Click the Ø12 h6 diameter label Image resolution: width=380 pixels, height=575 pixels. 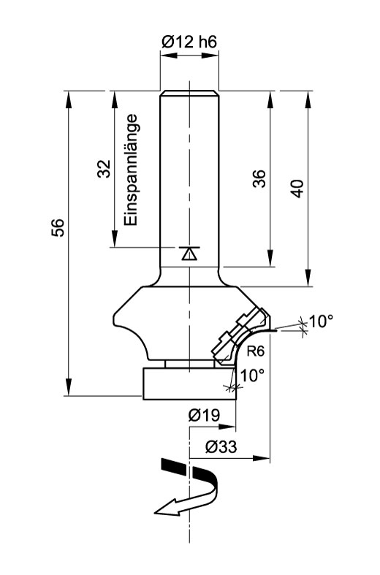pyautogui.click(x=189, y=42)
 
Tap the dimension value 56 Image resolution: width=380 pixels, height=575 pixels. pyautogui.click(x=58, y=227)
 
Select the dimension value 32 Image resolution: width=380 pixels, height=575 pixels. pyautogui.click(x=104, y=168)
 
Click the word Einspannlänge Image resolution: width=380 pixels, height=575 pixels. pyautogui.click(x=131, y=170)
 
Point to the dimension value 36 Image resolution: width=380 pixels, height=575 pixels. pyautogui.click(x=260, y=178)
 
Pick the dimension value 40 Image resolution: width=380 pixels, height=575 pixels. pyautogui.click(x=297, y=189)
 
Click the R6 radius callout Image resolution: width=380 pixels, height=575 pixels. pyautogui.click(x=255, y=351)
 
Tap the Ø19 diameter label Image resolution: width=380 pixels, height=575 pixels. pyautogui.click(x=205, y=415)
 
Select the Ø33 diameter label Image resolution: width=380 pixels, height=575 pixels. pyautogui.click(x=221, y=446)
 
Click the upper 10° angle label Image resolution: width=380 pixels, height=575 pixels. pyautogui.click(x=322, y=321)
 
